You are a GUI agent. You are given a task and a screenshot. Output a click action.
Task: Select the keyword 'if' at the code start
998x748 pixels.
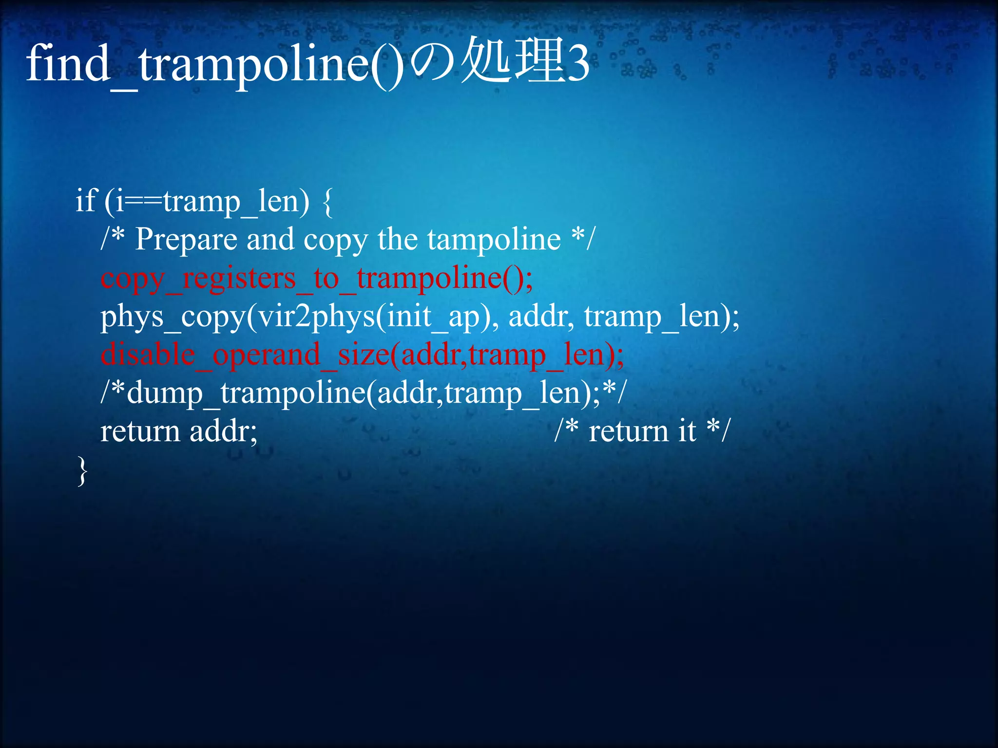87,201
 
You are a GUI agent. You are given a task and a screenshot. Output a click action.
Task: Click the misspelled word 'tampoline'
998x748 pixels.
494,240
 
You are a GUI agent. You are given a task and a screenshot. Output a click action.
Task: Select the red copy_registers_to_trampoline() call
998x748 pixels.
317,279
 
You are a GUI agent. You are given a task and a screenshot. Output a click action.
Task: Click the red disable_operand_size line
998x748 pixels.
362,355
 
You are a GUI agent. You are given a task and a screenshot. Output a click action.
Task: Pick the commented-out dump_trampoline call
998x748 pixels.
363,393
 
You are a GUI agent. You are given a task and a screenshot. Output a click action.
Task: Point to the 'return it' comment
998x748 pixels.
642,431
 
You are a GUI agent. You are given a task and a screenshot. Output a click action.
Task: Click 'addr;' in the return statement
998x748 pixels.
223,431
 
